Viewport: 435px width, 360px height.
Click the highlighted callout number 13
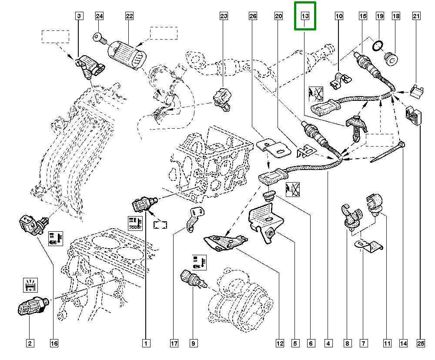(x=305, y=17)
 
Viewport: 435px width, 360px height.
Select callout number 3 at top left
(x=79, y=17)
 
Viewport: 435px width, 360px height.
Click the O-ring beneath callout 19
(x=378, y=44)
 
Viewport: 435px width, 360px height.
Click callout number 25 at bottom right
(x=420, y=343)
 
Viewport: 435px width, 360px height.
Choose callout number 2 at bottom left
(x=30, y=343)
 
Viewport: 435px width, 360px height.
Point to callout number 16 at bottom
(x=54, y=343)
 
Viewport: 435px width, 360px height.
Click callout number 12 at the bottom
(x=279, y=343)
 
